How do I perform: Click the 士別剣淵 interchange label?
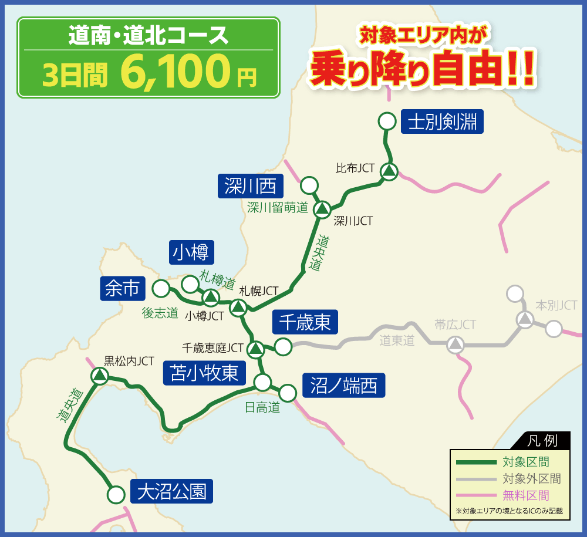click(442, 122)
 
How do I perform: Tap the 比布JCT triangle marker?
click(389, 171)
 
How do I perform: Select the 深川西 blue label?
click(250, 187)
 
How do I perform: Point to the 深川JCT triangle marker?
click(322, 209)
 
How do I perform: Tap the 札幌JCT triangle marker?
click(238, 306)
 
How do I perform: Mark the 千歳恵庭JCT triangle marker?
click(255, 349)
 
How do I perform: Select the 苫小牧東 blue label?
click(204, 373)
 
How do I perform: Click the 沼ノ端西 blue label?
click(343, 386)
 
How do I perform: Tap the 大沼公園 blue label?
click(171, 491)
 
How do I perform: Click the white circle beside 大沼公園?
click(116, 494)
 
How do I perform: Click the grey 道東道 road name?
click(397, 340)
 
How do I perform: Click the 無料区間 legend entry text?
click(526, 495)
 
